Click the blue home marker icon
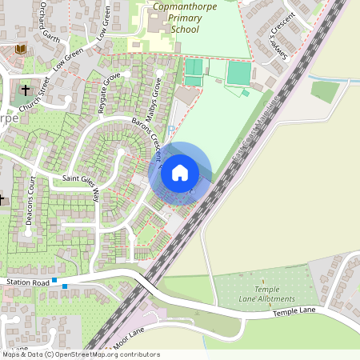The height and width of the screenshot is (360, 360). [x=180, y=173]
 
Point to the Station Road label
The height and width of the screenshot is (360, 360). [x=29, y=282]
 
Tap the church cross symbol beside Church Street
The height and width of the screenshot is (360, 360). [x=26, y=90]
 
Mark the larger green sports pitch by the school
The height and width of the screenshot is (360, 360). [x=238, y=73]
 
